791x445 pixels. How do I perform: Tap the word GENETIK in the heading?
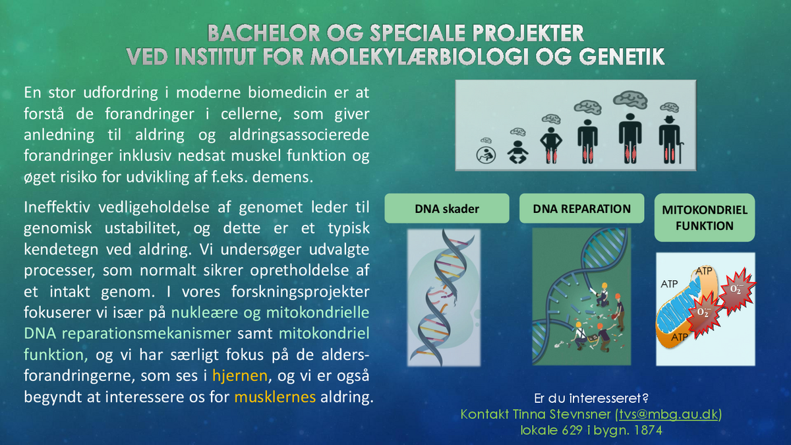click(622, 57)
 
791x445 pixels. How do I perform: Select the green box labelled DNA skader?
click(447, 208)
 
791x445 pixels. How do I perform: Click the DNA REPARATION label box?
click(581, 208)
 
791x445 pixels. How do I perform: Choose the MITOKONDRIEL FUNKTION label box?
click(705, 218)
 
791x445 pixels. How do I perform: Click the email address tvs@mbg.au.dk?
click(669, 414)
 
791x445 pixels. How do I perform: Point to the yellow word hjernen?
click(240, 376)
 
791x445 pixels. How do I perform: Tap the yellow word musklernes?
click(275, 397)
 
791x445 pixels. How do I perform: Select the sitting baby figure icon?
click(517, 152)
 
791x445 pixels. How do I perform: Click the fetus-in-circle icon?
click(486, 155)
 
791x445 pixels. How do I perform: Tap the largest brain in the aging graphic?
click(630, 100)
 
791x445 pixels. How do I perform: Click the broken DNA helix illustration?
click(444, 297)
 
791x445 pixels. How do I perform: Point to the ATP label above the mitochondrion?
click(704, 271)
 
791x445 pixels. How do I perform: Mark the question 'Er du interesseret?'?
click(591, 398)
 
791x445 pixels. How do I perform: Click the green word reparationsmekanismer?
click(146, 334)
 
